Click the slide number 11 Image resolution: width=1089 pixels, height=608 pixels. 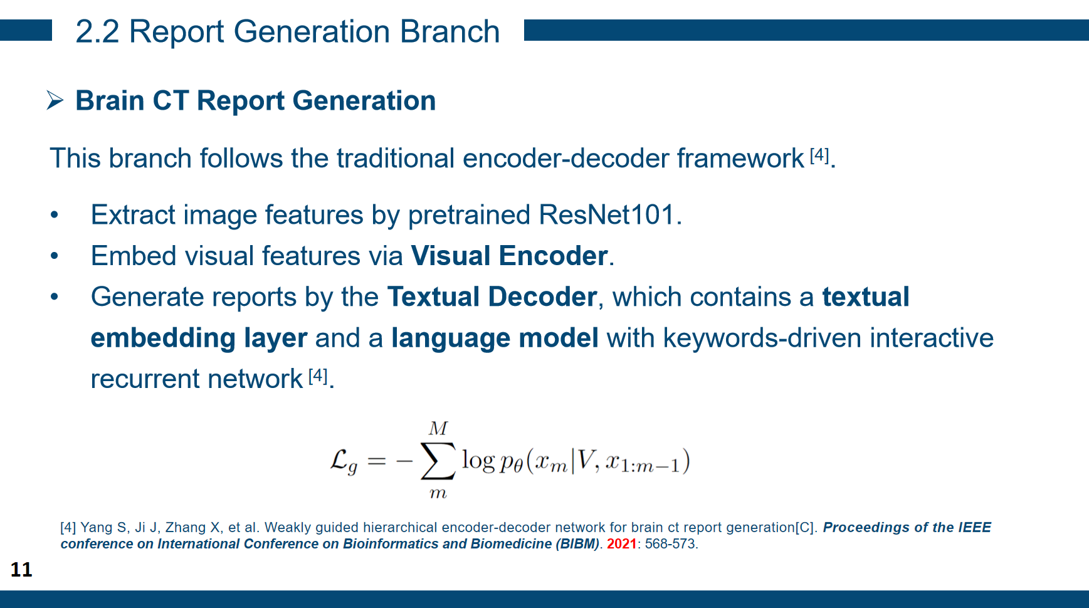[21, 569]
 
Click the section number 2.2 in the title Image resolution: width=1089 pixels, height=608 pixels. [97, 32]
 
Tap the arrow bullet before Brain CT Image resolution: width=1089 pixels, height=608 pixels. [55, 100]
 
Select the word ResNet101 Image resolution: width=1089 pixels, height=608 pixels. [606, 215]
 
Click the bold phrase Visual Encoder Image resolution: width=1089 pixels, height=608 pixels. [509, 256]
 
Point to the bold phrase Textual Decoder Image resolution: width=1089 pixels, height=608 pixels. [492, 297]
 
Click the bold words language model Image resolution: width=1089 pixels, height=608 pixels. [495, 338]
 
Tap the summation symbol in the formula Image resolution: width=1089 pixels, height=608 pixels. [438, 461]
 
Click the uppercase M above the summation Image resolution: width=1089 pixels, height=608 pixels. [438, 429]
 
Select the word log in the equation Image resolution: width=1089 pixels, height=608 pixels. [478, 461]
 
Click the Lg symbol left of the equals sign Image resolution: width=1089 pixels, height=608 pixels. [344, 461]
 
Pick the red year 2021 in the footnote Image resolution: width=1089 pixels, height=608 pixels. [621, 544]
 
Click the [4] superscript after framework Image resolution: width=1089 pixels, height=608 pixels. [819, 155]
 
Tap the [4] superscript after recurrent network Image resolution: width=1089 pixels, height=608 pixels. [318, 375]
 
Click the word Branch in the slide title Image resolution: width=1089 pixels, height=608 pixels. [450, 32]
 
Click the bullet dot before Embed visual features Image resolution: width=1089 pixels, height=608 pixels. [55, 256]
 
